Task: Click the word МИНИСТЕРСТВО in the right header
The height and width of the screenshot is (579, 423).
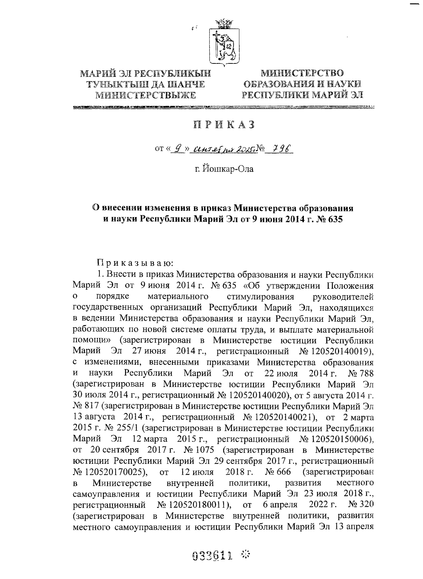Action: [x=302, y=73]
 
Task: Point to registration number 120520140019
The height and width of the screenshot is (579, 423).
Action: [x=340, y=351]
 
